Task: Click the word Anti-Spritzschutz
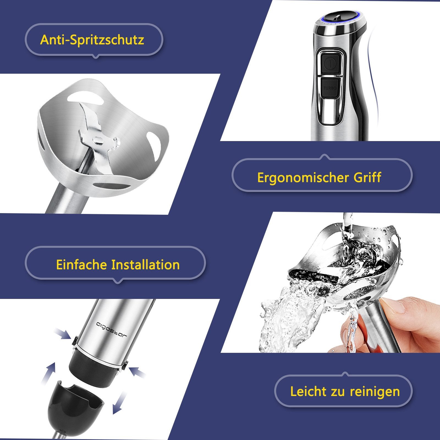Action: click(x=92, y=40)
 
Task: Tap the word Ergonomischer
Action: click(x=303, y=177)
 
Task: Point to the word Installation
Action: click(x=145, y=265)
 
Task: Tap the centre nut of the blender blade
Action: click(x=98, y=141)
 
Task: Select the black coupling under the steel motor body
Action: click(x=95, y=368)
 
